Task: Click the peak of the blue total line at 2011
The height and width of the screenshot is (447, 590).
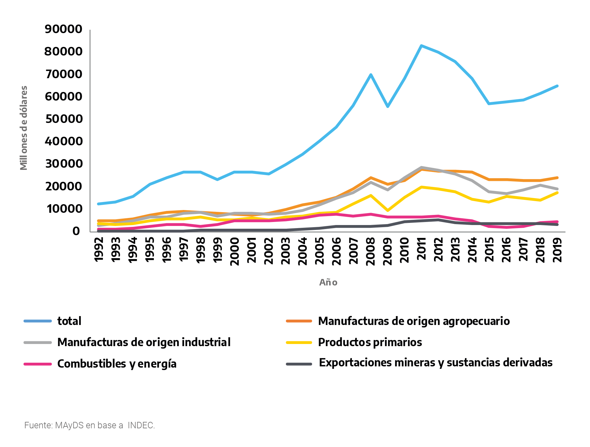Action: click(421, 46)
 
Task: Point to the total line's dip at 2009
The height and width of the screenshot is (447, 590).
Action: click(388, 106)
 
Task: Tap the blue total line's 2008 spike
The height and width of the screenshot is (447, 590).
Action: click(371, 74)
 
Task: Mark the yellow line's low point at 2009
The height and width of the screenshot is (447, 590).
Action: click(388, 210)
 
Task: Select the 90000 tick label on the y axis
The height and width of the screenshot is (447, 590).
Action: click(63, 29)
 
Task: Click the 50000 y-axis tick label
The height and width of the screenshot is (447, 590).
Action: click(64, 119)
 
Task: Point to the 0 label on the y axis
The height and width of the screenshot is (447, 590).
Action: click(76, 231)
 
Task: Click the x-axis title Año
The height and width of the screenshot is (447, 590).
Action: click(328, 282)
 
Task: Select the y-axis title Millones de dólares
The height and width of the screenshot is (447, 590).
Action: click(24, 128)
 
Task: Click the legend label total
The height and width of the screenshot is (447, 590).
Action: click(69, 321)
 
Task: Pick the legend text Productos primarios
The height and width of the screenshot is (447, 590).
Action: click(370, 342)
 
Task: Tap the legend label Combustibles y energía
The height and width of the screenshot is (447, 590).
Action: click(117, 364)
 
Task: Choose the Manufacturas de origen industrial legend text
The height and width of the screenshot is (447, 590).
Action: click(144, 342)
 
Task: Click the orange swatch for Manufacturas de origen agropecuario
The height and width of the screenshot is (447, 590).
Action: click(299, 321)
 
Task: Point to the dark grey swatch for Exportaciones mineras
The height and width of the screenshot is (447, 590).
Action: click(299, 364)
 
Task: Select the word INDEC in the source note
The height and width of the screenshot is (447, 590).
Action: click(141, 425)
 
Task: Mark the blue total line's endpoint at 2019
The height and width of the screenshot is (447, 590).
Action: click(557, 86)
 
